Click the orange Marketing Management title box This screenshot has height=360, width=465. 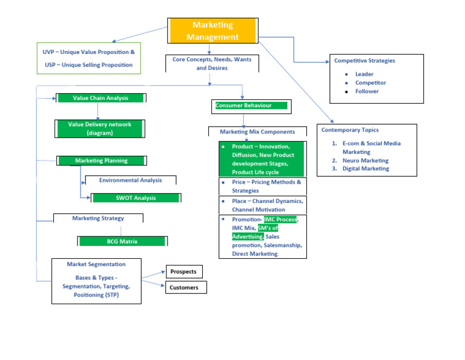click(213, 30)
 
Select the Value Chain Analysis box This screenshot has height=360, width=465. click(101, 98)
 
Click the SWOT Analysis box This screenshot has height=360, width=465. click(136, 198)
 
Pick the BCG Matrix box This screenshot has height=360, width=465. click(122, 241)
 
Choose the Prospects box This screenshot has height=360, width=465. click(183, 272)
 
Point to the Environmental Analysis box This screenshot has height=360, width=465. click(130, 180)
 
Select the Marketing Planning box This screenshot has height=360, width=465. click(101, 161)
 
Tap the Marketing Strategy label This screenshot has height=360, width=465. click(98, 218)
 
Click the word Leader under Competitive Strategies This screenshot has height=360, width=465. click(364, 74)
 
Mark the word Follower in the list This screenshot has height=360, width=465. click(367, 91)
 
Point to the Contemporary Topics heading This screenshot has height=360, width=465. click(350, 130)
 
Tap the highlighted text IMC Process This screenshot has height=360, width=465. click(280, 219)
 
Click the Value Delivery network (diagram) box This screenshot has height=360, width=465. click(100, 128)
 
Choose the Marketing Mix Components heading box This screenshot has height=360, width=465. click(257, 132)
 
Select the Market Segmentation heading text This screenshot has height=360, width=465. click(97, 264)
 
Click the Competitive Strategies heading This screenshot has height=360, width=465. click(364, 61)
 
